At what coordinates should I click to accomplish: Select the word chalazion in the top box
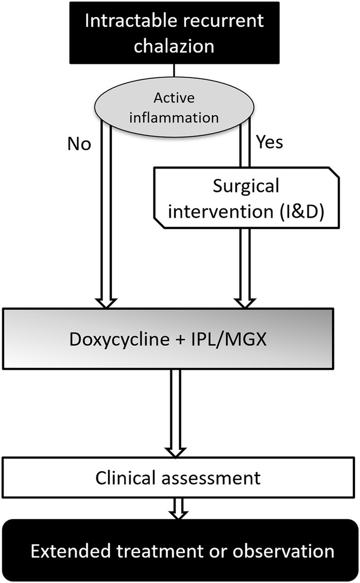(x=175, y=47)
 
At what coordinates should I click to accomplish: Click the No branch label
(x=79, y=145)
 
